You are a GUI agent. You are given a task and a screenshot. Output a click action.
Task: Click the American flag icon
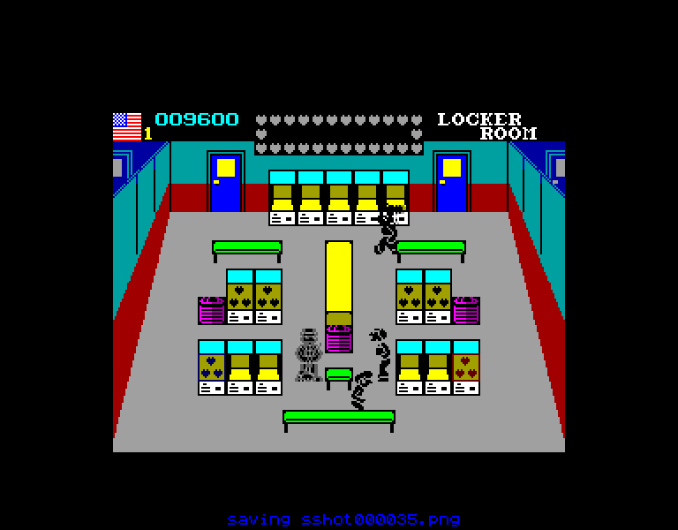pos(127,127)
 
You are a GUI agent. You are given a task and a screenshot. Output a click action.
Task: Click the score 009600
pos(197,119)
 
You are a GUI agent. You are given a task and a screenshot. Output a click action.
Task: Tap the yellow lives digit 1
pos(148,133)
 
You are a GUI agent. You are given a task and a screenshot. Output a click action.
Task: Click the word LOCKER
pos(479,119)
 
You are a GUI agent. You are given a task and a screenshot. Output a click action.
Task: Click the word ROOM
pos(508,133)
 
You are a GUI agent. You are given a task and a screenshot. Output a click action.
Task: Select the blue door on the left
pos(226,182)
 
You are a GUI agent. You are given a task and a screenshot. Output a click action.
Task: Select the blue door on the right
pos(452,182)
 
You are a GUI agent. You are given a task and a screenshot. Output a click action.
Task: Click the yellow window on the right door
pos(452,168)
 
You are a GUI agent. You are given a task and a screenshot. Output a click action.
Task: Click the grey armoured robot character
pos(309,355)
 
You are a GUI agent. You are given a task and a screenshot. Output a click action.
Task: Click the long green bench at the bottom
pos(339,420)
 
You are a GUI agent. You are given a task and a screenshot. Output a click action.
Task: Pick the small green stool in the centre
pos(339,378)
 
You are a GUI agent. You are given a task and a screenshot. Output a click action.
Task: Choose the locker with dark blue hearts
pos(212,367)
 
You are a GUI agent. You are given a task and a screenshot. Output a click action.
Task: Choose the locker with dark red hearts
pos(466,367)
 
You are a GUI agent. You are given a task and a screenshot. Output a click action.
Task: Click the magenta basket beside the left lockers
pos(212,311)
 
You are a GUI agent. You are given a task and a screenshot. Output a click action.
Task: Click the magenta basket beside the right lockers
pos(466,311)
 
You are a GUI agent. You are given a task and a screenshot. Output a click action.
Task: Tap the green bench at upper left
pos(247,252)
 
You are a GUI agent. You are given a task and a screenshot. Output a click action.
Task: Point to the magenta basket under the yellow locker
pos(339,339)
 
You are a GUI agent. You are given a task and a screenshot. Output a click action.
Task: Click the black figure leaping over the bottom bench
pos(361,390)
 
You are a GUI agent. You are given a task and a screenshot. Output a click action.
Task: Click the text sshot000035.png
pos(380,519)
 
